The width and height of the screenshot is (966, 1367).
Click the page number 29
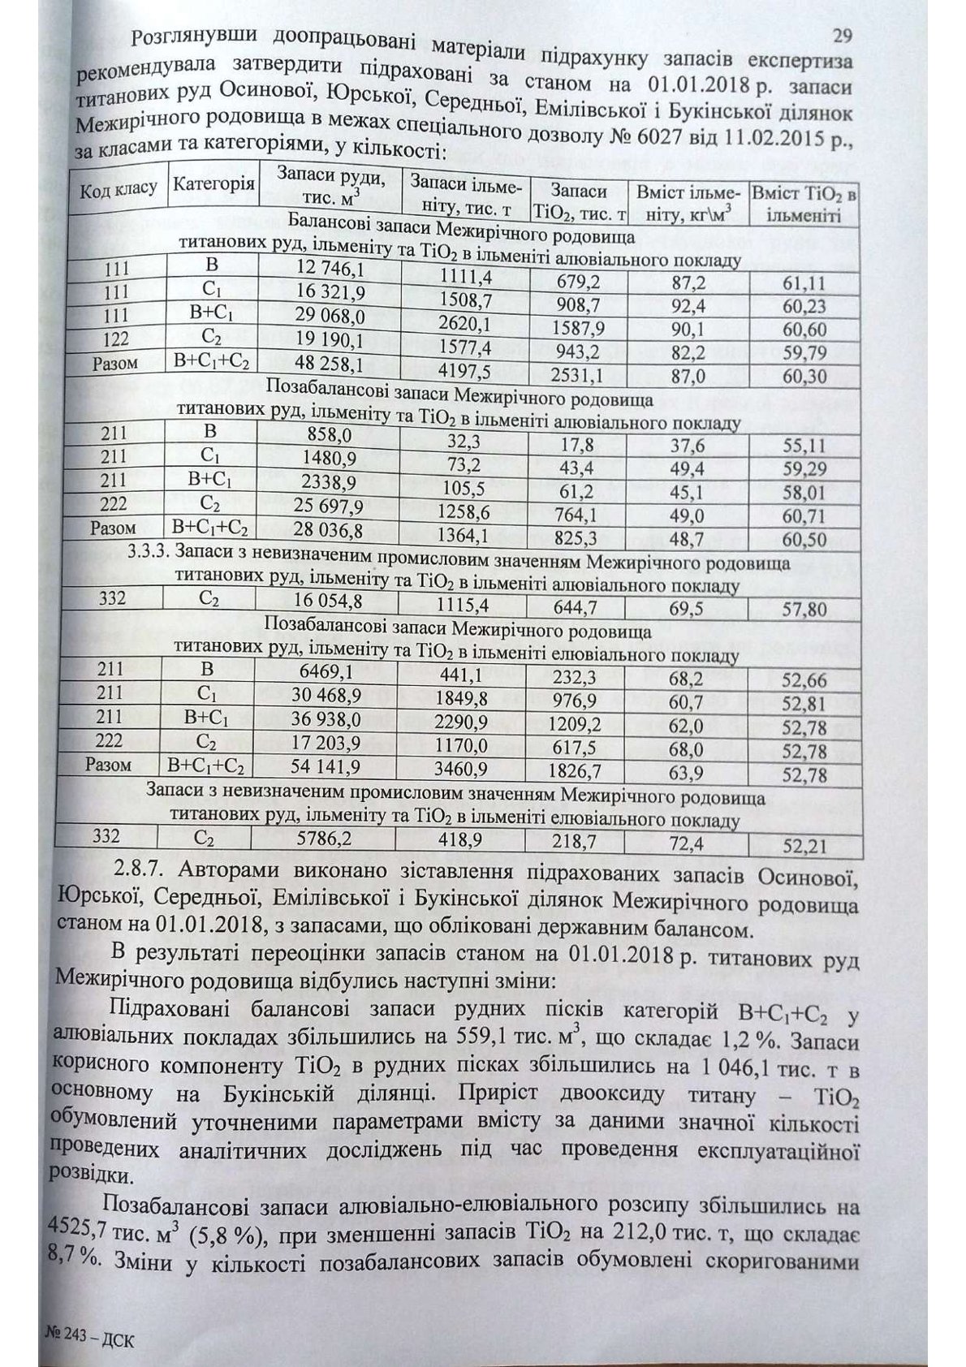(841, 35)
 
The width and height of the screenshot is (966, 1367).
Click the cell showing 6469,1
(325, 671)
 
